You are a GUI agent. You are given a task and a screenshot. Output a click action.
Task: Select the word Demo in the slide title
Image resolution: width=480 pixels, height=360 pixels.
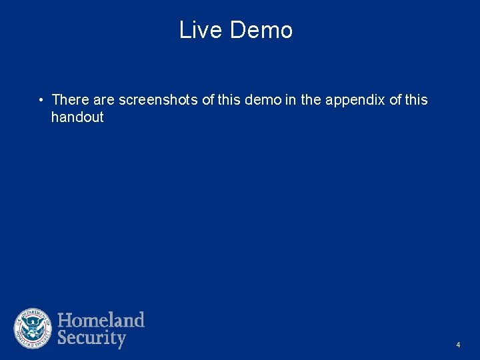[261, 30]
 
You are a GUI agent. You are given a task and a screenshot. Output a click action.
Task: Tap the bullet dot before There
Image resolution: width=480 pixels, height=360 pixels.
[41, 101]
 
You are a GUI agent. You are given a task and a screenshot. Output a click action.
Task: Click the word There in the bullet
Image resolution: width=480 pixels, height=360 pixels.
[71, 100]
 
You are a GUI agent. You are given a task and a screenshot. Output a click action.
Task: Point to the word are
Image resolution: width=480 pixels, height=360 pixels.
[104, 100]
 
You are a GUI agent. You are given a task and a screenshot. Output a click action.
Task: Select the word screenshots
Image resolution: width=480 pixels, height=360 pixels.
[158, 100]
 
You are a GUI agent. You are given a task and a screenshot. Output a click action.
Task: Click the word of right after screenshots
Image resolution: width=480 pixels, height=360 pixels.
[208, 100]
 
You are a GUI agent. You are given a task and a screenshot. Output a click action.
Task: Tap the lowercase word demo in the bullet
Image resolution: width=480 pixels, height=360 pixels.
[263, 100]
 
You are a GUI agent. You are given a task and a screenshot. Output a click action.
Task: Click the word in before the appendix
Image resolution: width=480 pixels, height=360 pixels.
[291, 100]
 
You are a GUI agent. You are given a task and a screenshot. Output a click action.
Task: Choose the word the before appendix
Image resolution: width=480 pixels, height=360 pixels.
[311, 100]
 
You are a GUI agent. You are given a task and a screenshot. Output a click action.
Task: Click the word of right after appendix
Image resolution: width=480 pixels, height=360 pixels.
[395, 100]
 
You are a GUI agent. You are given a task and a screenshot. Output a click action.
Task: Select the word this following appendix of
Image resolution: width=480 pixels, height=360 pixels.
[417, 100]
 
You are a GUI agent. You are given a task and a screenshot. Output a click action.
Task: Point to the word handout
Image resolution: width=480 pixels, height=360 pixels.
[77, 117]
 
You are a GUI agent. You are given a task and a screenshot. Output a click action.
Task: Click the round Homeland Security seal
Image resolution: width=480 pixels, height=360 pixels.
[33, 329]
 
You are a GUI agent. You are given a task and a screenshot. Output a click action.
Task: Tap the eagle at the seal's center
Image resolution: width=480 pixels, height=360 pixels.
[33, 329]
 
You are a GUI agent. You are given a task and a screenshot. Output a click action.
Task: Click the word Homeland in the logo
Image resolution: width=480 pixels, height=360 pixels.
[101, 320]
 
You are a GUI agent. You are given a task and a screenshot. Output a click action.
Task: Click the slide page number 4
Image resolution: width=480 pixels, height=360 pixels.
[458, 345]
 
